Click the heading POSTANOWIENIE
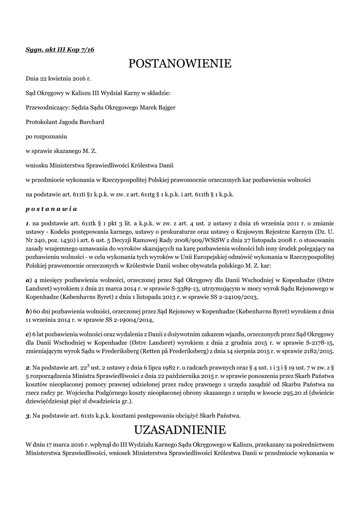pyautogui.click(x=180, y=63)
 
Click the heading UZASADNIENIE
pyautogui.click(x=180, y=429)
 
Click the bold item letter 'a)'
pyautogui.click(x=29, y=280)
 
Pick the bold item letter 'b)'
pyautogui.click(x=29, y=311)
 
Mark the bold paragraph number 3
pyautogui.click(x=28, y=415)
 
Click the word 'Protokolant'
pyautogui.click(x=42, y=122)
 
